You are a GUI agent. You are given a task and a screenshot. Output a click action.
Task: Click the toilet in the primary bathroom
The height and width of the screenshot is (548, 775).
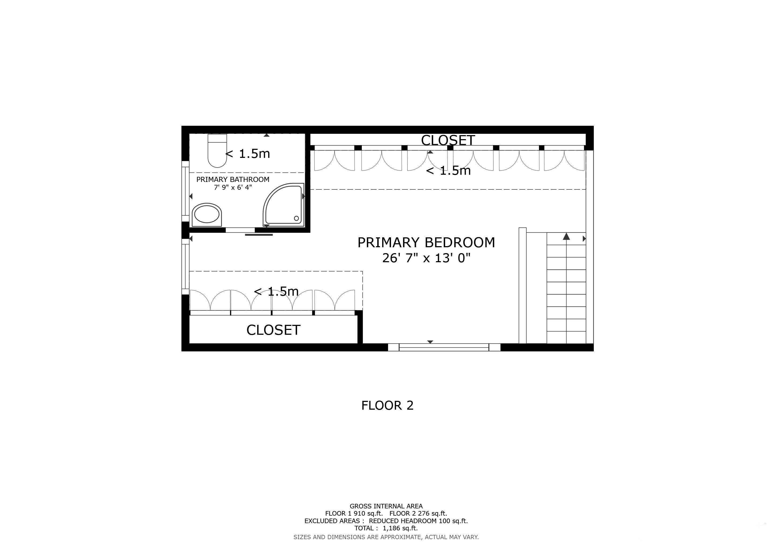pos(217,151)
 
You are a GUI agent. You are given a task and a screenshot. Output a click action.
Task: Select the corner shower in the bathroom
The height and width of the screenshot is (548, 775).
pos(284,205)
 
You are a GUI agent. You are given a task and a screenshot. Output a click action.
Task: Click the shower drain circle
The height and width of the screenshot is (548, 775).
pos(296,218)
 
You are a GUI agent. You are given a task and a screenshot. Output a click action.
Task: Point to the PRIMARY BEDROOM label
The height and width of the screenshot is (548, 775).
pos(426,243)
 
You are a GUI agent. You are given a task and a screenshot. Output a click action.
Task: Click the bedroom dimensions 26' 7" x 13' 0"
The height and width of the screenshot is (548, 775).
pos(426,258)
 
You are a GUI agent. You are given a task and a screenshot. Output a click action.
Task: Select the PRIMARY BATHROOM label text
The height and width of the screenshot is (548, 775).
pos(233,180)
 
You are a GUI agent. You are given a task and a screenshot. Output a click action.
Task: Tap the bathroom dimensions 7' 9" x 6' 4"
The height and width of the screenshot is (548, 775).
pos(233,187)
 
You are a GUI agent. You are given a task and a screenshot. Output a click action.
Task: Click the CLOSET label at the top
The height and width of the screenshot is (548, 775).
pos(448,140)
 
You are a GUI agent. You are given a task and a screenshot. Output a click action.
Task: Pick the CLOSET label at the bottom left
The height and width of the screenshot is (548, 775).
pos(273,330)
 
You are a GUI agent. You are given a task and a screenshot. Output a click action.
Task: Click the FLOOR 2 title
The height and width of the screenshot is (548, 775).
pos(387,405)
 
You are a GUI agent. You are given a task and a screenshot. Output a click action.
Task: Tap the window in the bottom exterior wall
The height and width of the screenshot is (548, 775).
pos(444,347)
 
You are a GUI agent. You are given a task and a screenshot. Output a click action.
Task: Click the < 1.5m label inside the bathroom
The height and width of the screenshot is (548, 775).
pos(248,154)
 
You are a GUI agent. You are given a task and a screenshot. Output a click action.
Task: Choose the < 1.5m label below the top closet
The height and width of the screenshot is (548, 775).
pos(448,171)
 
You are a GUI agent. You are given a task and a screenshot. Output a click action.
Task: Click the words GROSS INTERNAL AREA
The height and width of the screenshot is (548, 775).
pos(386,506)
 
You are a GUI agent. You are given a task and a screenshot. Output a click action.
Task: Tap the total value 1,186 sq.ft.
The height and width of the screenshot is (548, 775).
pos(400,528)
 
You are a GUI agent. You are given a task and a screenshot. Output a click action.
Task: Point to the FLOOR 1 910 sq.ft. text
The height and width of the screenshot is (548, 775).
pos(354,513)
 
